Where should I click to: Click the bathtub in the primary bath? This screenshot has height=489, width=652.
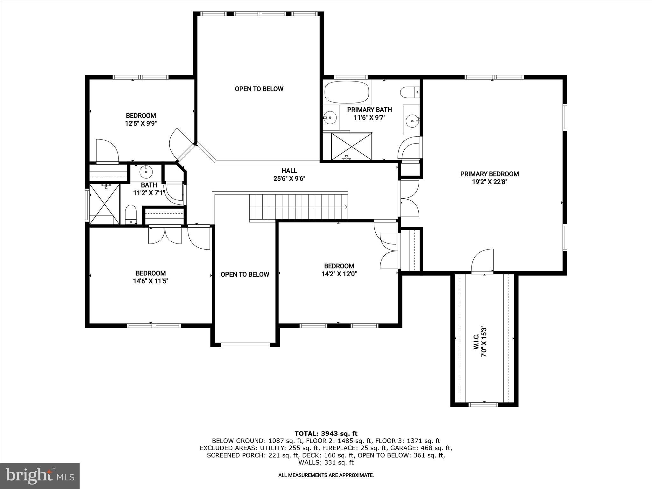(x=347, y=92)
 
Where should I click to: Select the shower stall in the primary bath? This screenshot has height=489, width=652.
(x=351, y=146)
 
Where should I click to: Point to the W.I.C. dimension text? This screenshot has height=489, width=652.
(x=484, y=341)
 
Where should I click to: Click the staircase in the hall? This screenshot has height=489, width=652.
(x=298, y=207)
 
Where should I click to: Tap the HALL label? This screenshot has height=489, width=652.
(x=289, y=171)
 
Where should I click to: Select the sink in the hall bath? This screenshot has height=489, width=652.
(x=146, y=171)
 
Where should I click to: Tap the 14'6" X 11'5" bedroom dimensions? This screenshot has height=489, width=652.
(x=150, y=281)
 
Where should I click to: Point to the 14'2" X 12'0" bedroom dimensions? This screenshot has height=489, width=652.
(x=339, y=274)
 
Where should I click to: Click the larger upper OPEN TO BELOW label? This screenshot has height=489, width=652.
(x=259, y=89)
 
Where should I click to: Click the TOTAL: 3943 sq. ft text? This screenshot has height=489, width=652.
(x=326, y=434)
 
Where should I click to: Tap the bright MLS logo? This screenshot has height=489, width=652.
(x=40, y=476)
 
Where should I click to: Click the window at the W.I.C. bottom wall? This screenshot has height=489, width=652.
(x=483, y=404)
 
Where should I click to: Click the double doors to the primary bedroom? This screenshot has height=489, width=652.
(x=409, y=199)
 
